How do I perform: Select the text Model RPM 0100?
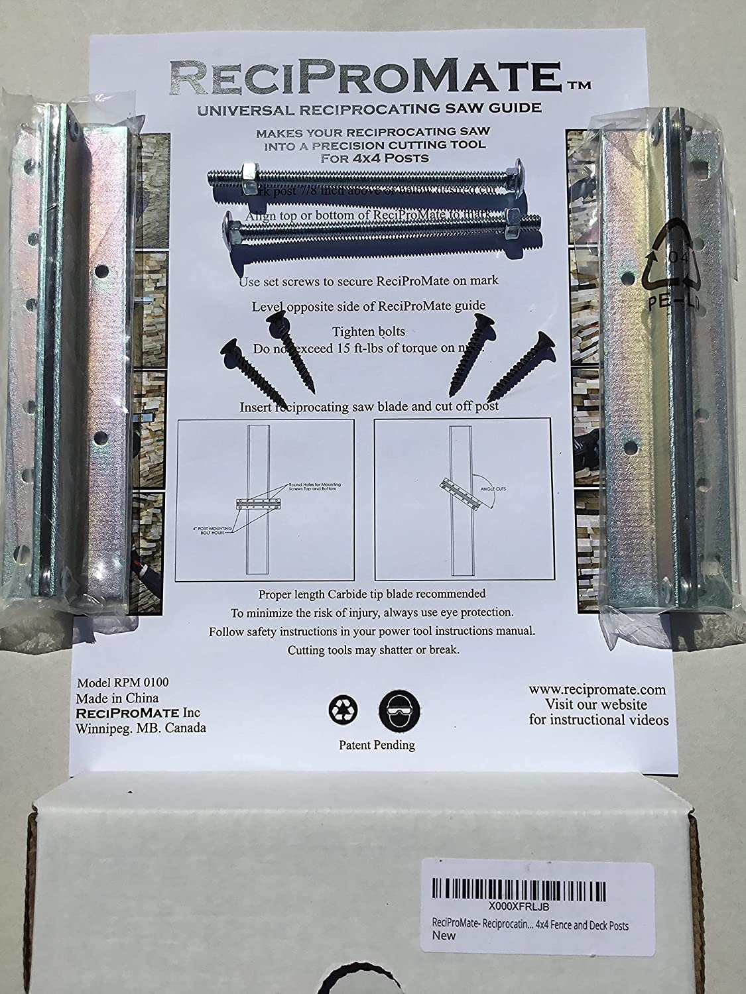click(117, 683)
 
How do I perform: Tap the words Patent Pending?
click(377, 745)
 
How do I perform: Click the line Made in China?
click(117, 698)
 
